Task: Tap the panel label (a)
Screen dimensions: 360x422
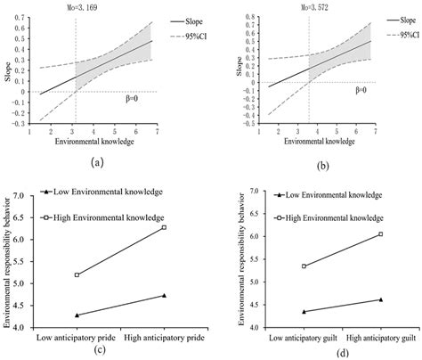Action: coord(91,161)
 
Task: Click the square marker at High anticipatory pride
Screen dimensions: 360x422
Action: coord(164,228)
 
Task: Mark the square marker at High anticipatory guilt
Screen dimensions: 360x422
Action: coord(380,234)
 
